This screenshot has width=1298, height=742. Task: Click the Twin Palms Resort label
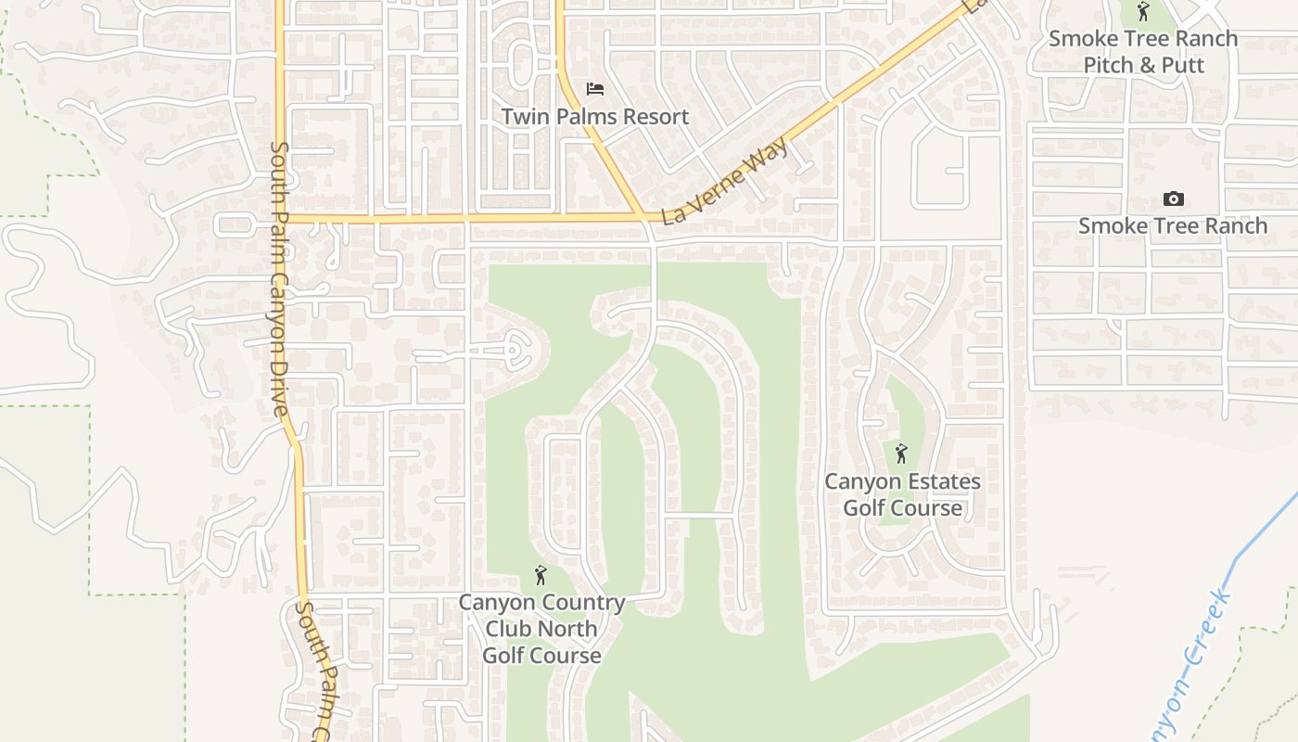pyautogui.click(x=595, y=117)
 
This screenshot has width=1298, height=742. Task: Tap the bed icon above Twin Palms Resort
pyautogui.click(x=595, y=89)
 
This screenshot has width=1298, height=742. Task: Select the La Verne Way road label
pyautogui.click(x=726, y=181)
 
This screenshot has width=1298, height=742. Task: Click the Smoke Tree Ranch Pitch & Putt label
pyautogui.click(x=1143, y=51)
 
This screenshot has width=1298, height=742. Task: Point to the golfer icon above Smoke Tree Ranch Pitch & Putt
pyautogui.click(x=1143, y=12)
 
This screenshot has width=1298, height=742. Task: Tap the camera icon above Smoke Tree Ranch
pyautogui.click(x=1173, y=198)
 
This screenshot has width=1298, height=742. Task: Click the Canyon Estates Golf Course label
pyautogui.click(x=902, y=494)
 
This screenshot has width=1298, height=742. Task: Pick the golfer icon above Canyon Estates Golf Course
pyautogui.click(x=901, y=454)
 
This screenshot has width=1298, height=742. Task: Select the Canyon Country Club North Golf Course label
pyautogui.click(x=541, y=629)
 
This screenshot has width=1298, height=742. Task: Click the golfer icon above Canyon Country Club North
pyautogui.click(x=541, y=575)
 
